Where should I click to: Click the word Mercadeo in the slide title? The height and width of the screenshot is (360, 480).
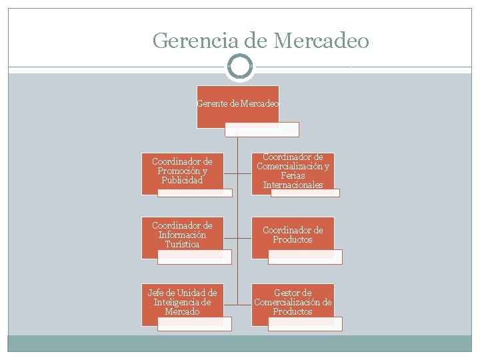(x=320, y=41)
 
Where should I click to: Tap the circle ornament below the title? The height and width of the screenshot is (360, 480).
(x=240, y=67)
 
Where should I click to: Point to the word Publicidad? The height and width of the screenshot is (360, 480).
(x=182, y=180)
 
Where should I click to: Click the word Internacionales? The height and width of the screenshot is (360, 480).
(x=293, y=185)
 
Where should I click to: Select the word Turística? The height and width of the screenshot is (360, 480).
(x=182, y=244)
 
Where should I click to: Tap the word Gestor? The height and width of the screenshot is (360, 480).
(x=293, y=293)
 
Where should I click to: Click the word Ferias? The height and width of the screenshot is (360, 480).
(x=293, y=175)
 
